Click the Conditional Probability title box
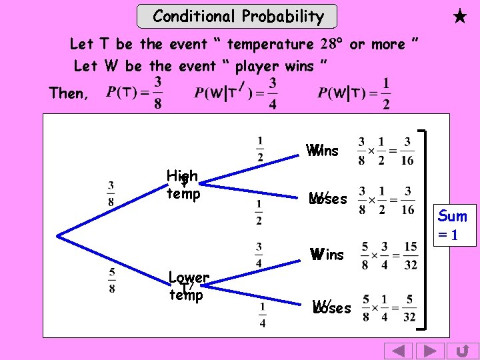coord(237,17)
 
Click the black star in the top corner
coord(459,17)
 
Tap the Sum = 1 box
coord(453,225)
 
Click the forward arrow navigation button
coord(430,351)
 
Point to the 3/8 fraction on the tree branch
coord(111,194)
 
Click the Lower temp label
coord(188,286)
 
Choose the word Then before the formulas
coord(67,93)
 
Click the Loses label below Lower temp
coord(331,308)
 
